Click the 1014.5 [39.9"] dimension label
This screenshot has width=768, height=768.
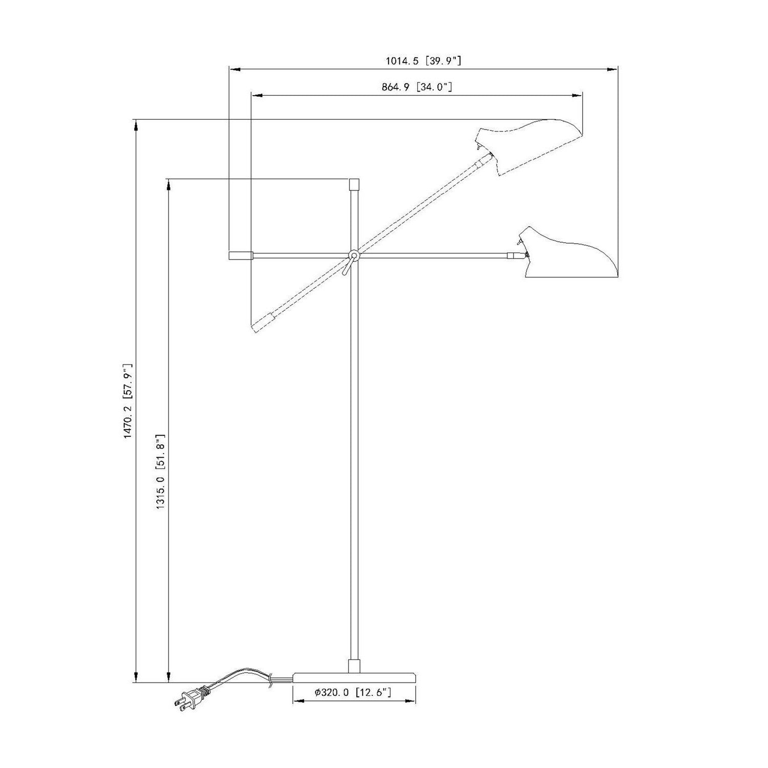click(x=424, y=61)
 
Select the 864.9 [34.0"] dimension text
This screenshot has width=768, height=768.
click(x=417, y=87)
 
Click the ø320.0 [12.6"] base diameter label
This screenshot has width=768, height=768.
click(x=353, y=693)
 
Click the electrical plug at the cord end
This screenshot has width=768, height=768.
click(x=191, y=698)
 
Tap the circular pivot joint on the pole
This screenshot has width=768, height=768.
click(x=354, y=255)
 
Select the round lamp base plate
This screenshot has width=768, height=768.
click(x=354, y=677)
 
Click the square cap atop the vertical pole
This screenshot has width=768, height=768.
click(x=354, y=184)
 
